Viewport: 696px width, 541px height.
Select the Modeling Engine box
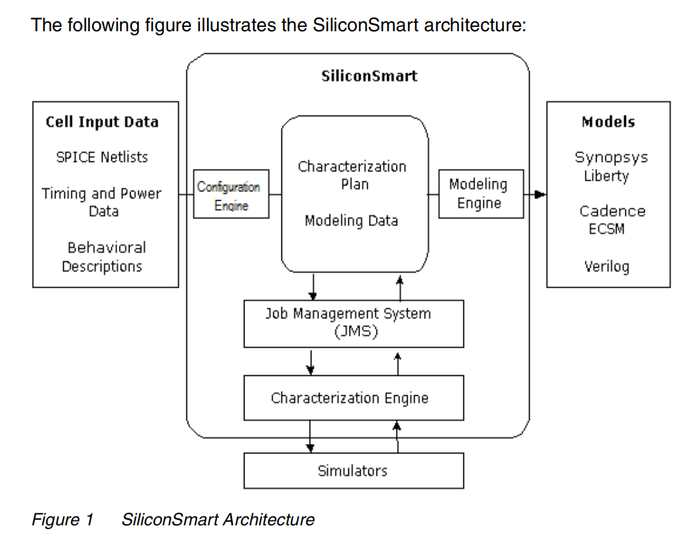point(480,193)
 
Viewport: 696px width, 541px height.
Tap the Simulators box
point(353,470)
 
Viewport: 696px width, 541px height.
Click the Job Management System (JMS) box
point(353,323)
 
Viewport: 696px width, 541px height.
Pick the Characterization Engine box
point(353,398)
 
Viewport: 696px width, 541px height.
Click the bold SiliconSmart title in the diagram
point(368,77)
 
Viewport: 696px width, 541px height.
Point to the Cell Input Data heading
point(102,121)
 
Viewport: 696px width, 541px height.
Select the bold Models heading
point(608,121)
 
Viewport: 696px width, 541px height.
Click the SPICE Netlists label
point(102,156)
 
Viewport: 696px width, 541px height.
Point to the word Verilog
point(607,266)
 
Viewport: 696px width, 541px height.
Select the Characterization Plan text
point(352,176)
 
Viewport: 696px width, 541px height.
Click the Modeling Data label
point(351,220)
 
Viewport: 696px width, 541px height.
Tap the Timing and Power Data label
point(101,202)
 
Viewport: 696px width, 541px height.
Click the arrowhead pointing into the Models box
point(541,195)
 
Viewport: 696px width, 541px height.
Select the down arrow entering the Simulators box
point(310,447)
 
